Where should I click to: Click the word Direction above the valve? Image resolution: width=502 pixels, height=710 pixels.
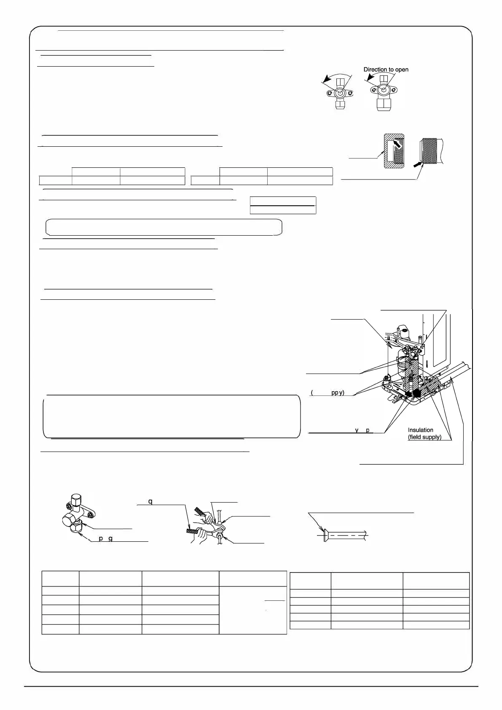(375, 70)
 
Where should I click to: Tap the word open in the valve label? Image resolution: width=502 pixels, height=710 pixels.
(402, 70)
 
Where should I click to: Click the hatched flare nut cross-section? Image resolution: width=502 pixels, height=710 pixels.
(393, 151)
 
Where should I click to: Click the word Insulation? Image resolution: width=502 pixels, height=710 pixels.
(420, 430)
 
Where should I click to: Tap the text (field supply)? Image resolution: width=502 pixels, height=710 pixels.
(424, 437)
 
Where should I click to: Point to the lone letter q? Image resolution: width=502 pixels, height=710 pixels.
(150, 502)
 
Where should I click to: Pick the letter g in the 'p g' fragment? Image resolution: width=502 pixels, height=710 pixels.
(110, 538)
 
